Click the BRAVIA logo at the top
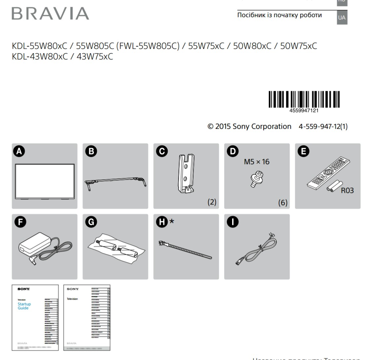(50, 14)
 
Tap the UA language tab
(342, 18)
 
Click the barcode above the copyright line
(304, 99)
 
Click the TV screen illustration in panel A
(45, 181)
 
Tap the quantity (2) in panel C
(212, 202)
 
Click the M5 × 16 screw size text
(256, 162)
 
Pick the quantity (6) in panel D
(282, 202)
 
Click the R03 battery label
(347, 191)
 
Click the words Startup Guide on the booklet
(24, 306)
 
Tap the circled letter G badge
(90, 222)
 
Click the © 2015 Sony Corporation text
(249, 126)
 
